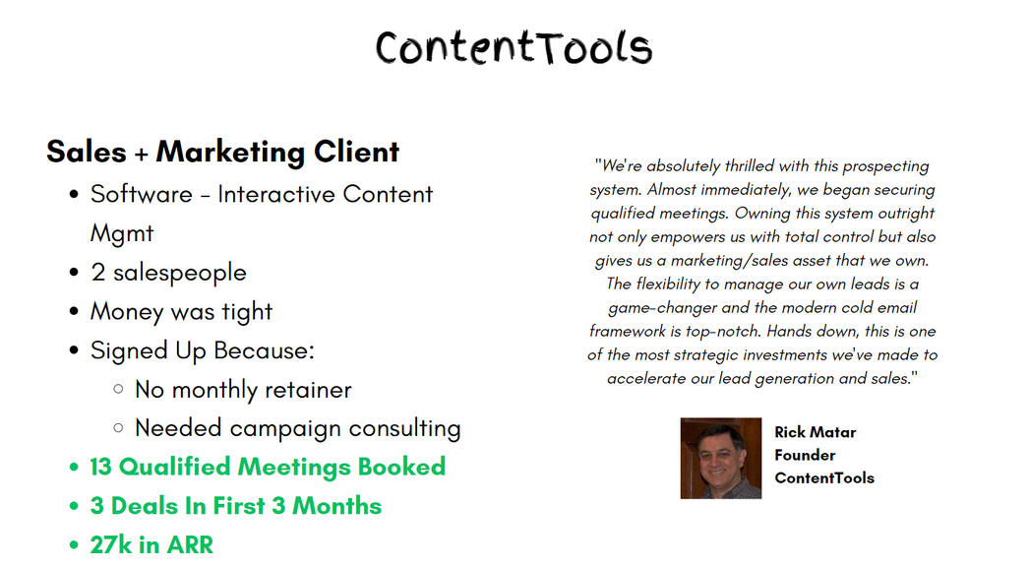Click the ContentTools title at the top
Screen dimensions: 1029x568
514,48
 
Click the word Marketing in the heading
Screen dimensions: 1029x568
230,153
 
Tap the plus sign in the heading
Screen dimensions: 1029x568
141,154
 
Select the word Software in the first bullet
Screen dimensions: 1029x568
141,194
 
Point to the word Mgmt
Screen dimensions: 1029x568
122,233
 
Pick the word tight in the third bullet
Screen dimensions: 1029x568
247,312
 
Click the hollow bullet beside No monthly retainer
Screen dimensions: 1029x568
118,389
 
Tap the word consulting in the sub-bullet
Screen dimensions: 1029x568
404,429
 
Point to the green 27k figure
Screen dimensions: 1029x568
111,545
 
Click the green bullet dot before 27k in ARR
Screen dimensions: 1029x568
74,545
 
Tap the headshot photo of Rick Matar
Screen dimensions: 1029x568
720,459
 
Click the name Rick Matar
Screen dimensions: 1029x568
816,432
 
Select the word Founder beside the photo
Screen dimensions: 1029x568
805,455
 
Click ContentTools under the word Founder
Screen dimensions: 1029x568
824,478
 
